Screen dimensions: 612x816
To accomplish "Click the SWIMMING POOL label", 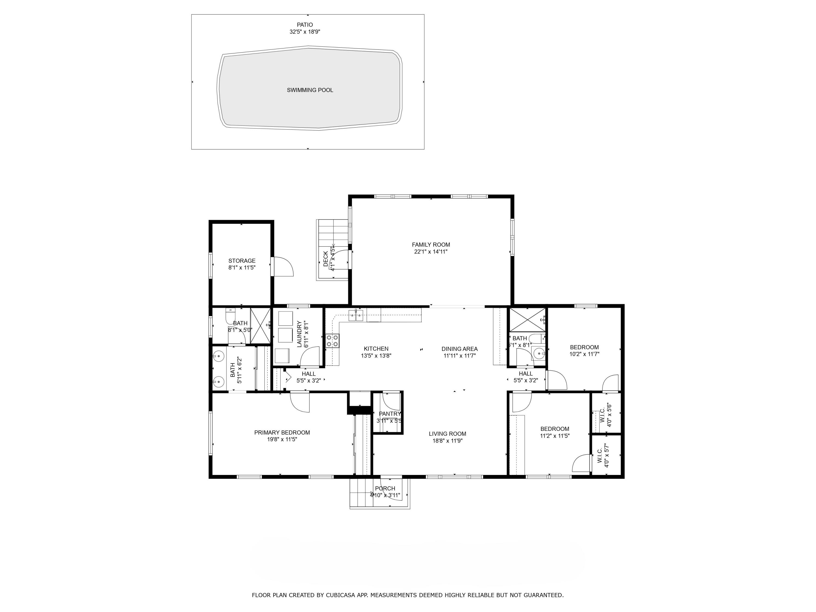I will (310, 90).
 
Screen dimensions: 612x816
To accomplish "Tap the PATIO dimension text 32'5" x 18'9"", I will (305, 32).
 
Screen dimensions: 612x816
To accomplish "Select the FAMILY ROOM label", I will (431, 245).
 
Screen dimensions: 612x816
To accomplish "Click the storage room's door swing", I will (283, 266).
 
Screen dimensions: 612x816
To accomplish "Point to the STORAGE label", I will (242, 261).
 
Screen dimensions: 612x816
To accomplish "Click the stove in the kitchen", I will (332, 341).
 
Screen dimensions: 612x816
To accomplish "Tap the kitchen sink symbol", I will (356, 315).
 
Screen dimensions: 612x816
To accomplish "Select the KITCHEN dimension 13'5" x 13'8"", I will (376, 356).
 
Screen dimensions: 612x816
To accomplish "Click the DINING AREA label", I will (459, 349).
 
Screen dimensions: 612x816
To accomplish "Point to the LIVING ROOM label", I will (447, 434).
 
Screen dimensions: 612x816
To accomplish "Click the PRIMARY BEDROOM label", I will (282, 433).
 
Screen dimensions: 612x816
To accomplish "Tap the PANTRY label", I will (390, 414).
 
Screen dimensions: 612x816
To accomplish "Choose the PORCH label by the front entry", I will (385, 489).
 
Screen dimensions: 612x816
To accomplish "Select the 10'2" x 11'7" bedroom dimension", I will (584, 354).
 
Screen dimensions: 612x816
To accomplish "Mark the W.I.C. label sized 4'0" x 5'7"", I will (599, 457).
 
